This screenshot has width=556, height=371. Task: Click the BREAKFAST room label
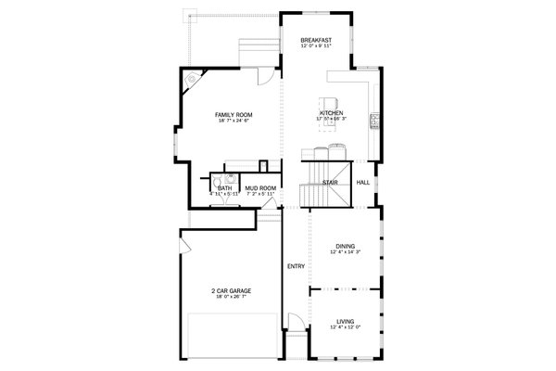(317, 41)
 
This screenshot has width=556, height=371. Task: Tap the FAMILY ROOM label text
(234, 114)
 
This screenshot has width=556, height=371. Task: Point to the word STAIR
(329, 183)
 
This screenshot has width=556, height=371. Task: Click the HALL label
(363, 182)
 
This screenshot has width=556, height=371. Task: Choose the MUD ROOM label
(260, 188)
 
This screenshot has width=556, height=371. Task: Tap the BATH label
(224, 188)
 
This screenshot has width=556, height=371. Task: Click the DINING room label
(345, 246)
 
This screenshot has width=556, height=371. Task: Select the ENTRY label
(296, 266)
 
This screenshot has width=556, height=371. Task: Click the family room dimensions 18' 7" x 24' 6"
(234, 121)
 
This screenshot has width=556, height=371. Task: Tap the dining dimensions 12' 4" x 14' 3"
(345, 252)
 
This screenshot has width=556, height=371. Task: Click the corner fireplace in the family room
(193, 80)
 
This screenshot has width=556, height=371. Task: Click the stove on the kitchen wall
(373, 120)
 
